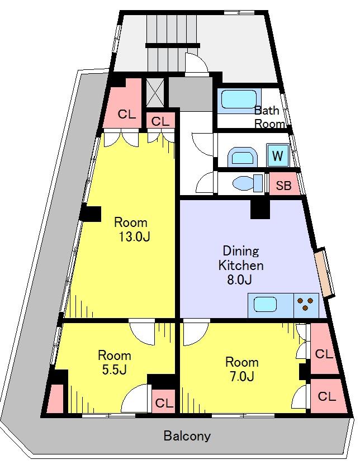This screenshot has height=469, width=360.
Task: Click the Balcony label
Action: (187, 436)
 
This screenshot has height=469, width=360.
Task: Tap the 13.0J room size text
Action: (134, 237)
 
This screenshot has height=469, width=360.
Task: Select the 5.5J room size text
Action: (115, 369)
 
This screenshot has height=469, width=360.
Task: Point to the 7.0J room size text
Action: (241, 376)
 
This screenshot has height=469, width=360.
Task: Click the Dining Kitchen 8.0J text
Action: (241, 265)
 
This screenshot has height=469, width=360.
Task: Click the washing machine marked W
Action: (278, 155)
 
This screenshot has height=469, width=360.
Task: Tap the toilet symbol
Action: (247, 183)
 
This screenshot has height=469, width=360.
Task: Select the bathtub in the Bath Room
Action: (239, 101)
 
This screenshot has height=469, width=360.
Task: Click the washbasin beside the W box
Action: (243, 157)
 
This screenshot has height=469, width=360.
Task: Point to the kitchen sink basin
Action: (265, 305)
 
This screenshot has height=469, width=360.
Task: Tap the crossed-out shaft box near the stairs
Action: (155, 92)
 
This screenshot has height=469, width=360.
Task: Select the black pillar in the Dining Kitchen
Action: (260, 209)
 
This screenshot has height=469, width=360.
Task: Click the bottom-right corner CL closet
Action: (328, 396)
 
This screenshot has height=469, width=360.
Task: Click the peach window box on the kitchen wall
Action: (325, 272)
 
